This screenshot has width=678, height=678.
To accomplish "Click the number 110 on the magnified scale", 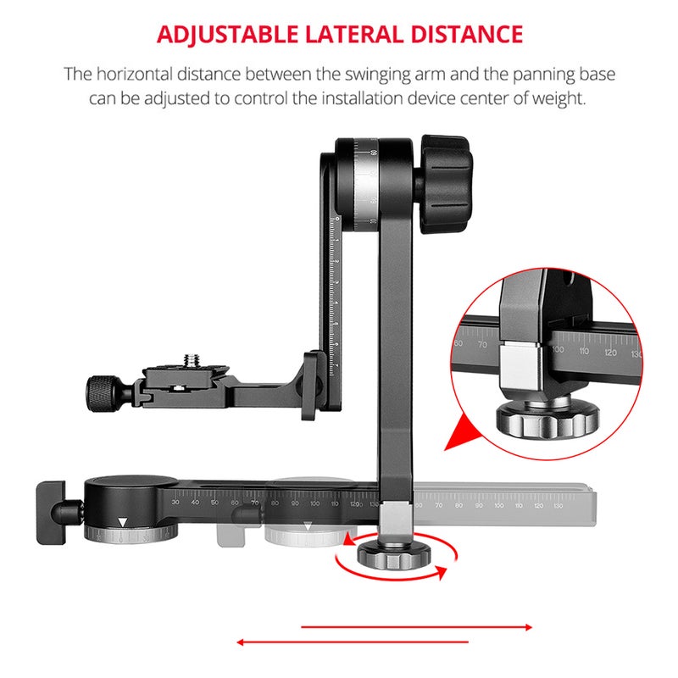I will click(583, 350).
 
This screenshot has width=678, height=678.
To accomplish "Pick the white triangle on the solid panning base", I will click(123, 522).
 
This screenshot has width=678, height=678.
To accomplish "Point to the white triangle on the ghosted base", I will click(308, 525).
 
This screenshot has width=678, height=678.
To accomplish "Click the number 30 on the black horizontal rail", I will click(175, 503).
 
